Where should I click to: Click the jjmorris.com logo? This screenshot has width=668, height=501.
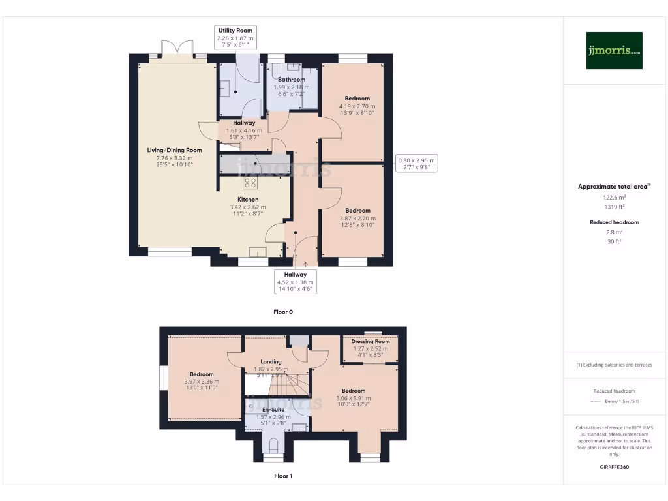614,51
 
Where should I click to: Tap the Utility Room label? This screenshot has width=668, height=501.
235,31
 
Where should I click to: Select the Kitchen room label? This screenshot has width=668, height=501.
248,200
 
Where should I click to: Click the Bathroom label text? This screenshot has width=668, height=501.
292,80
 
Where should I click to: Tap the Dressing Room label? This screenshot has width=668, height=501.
370,341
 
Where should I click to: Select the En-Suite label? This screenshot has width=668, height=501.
264,410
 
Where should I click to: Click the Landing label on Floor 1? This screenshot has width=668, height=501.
271,361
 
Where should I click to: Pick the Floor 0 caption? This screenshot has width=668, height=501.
283,312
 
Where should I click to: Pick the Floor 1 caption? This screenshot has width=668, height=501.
283,476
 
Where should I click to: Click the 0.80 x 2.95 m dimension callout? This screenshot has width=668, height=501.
416,163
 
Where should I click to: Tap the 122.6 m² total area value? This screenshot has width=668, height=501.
613,197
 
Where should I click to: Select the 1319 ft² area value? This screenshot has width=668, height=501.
613,206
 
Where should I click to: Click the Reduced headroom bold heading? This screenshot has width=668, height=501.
613,222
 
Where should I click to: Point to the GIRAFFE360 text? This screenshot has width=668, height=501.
614,467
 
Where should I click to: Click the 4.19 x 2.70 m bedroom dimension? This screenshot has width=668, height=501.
357,106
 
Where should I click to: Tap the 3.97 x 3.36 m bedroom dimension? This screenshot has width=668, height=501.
202,382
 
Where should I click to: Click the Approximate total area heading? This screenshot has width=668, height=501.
613,187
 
